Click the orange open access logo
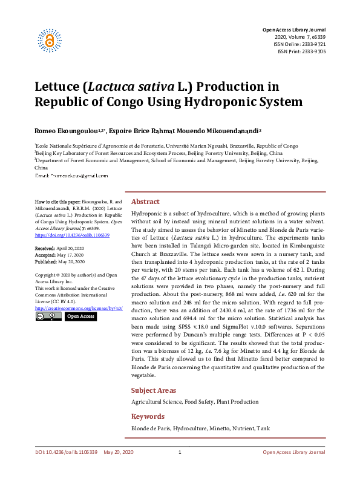[50, 40]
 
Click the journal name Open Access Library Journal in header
[293, 30]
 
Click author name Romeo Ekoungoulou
[69, 130]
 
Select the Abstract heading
[145, 202]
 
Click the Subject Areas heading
[153, 390]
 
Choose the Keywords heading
[148, 416]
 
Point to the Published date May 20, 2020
[72, 262]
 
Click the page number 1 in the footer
[180, 453]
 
